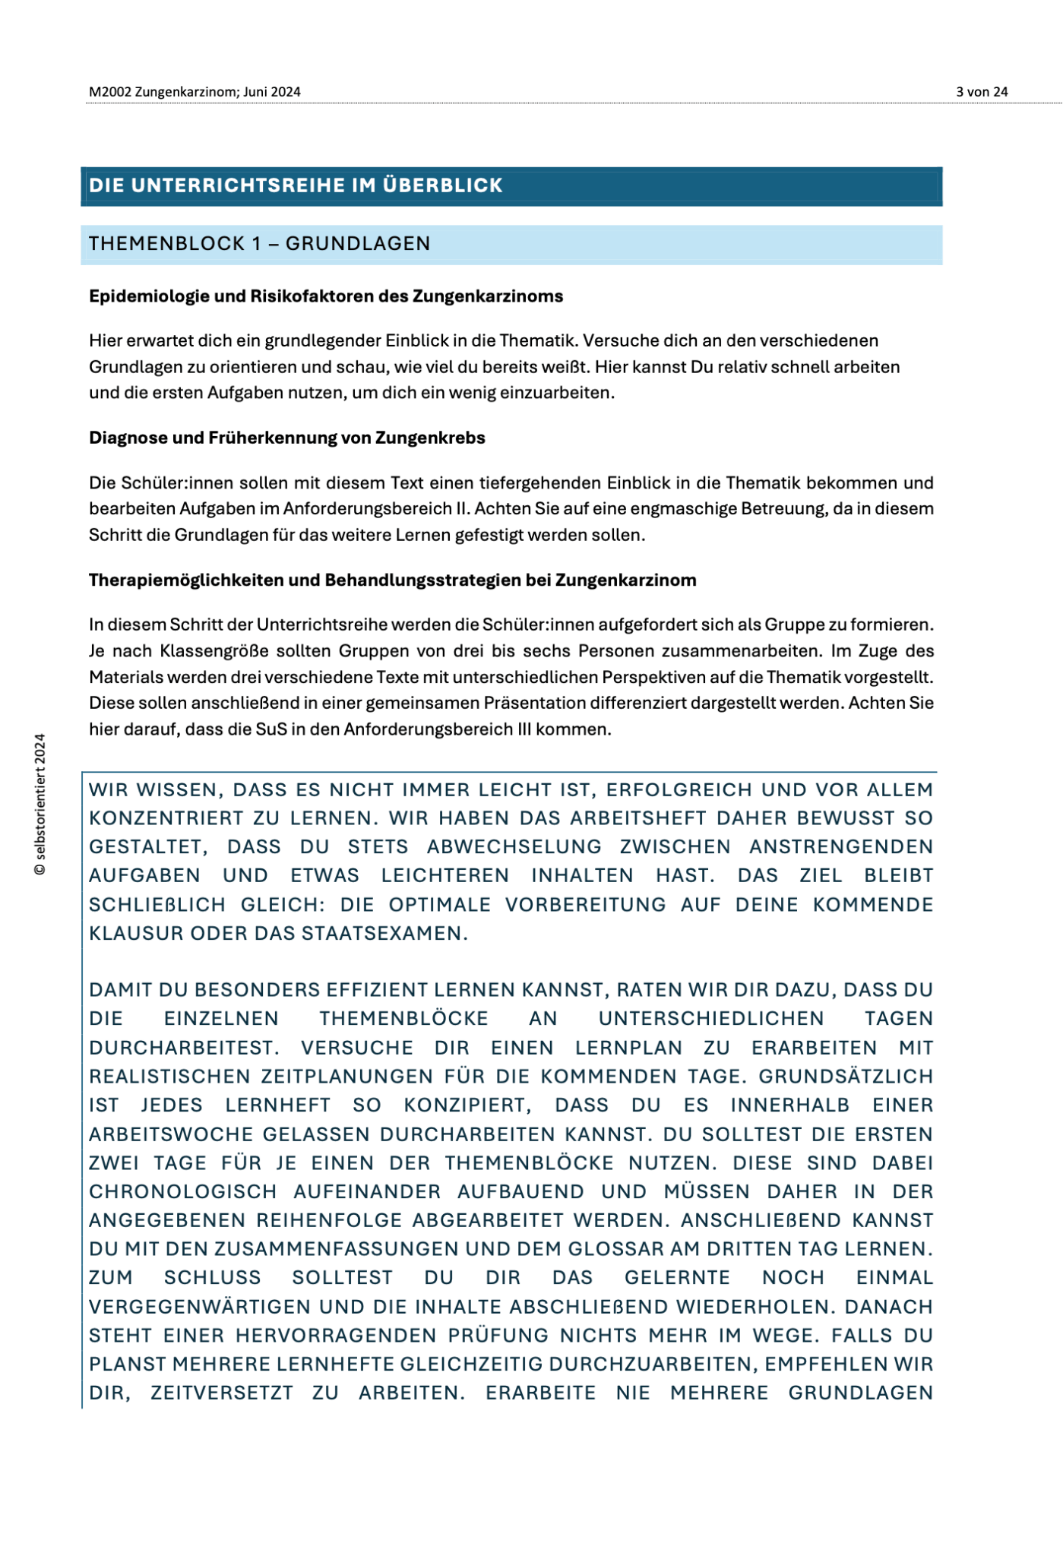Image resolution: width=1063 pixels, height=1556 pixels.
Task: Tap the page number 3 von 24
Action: pos(982,92)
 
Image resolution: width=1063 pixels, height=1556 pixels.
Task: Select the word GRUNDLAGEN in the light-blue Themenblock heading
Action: pos(358,244)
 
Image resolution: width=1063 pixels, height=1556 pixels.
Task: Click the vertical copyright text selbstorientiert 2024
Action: pos(40,804)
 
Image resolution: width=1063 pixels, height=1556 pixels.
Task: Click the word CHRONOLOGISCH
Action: pos(182,1192)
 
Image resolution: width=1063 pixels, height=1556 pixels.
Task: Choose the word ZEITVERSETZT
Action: pos(221,1393)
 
